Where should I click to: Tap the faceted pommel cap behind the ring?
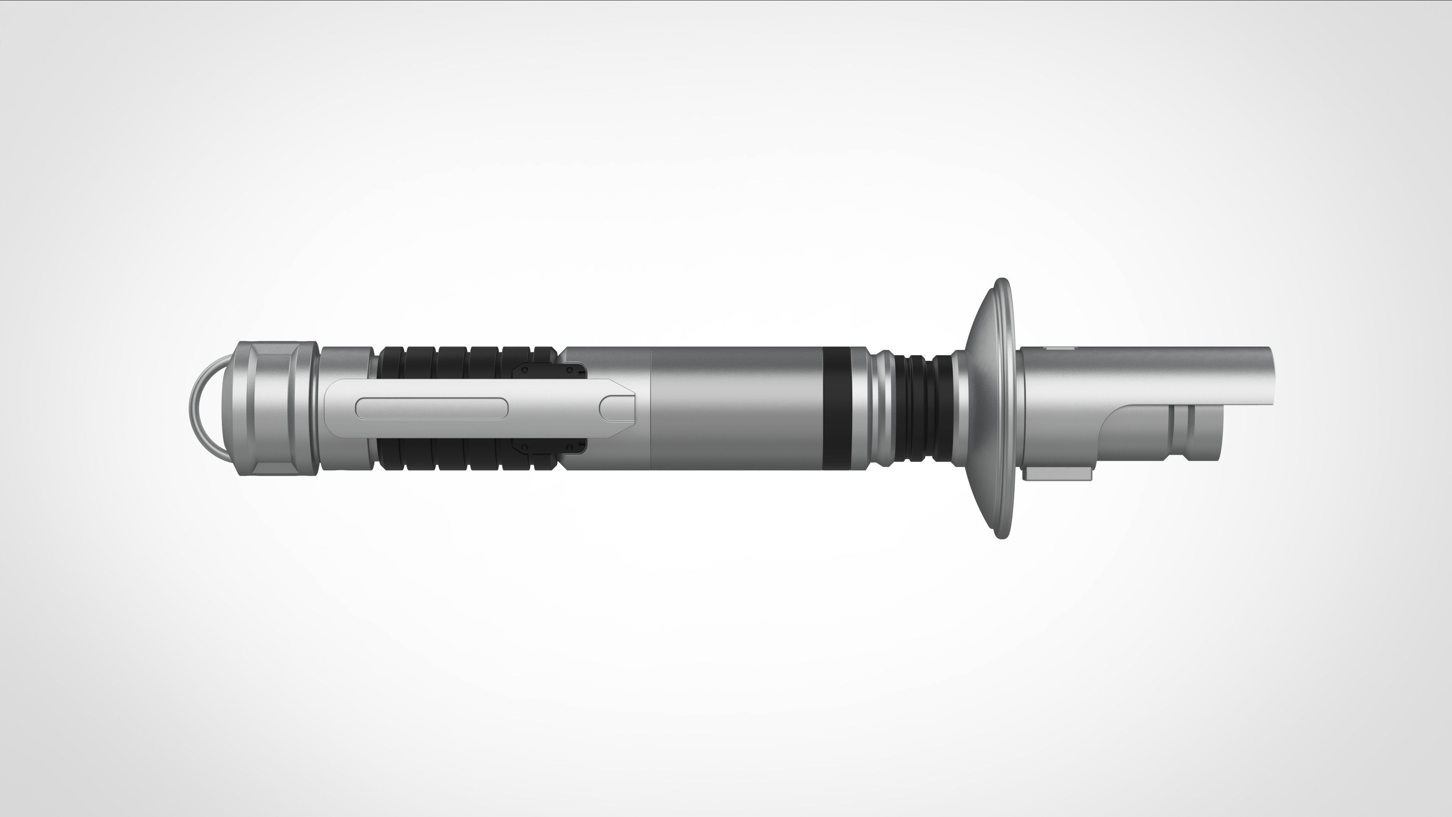(x=276, y=408)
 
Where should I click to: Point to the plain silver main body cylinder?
(x=733, y=408)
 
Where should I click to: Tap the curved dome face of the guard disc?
(x=981, y=408)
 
